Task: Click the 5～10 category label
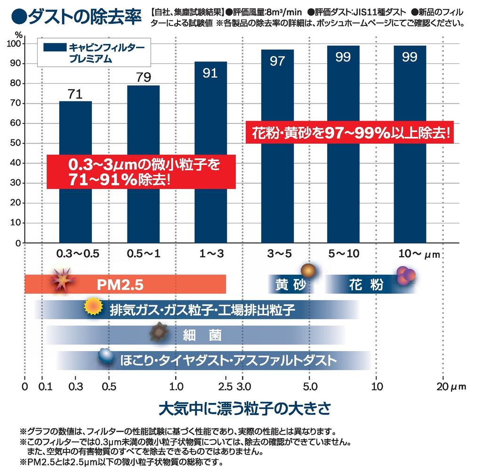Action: tap(344, 254)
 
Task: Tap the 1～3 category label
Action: tap(211, 254)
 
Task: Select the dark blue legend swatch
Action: tap(55, 47)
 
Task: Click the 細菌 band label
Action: tap(201, 336)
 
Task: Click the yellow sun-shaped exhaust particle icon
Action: tap(93, 307)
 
